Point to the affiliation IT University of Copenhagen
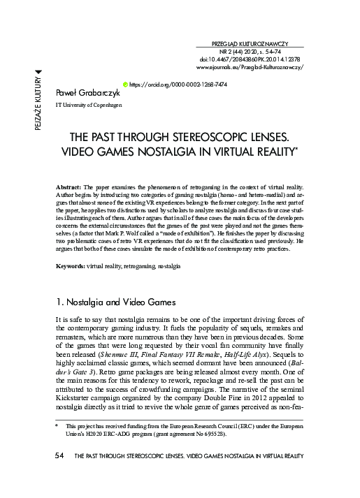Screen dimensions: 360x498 pyautogui.click(x=88, y=105)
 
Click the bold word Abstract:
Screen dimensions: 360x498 pyautogui.click(x=69, y=189)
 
